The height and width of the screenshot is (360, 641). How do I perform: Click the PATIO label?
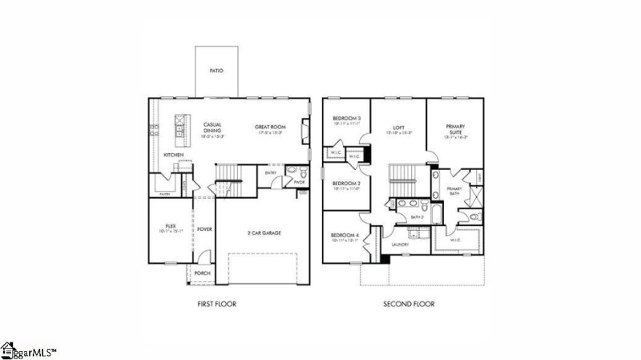(216, 71)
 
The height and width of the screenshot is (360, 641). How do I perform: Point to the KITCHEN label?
(174, 155)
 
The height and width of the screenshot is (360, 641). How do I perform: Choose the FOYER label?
(204, 229)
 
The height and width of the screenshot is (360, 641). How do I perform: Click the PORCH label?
(201, 273)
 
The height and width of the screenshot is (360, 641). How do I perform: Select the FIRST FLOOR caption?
(217, 305)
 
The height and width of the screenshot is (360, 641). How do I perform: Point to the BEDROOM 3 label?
(346, 119)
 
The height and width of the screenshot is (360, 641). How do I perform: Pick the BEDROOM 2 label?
(346, 184)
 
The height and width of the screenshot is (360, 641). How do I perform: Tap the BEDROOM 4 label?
(346, 235)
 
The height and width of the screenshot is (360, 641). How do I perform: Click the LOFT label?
(397, 127)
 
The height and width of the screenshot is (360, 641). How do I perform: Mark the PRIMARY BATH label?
(454, 190)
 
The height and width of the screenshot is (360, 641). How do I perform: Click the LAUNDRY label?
(400, 245)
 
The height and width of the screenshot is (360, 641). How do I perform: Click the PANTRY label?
(163, 193)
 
